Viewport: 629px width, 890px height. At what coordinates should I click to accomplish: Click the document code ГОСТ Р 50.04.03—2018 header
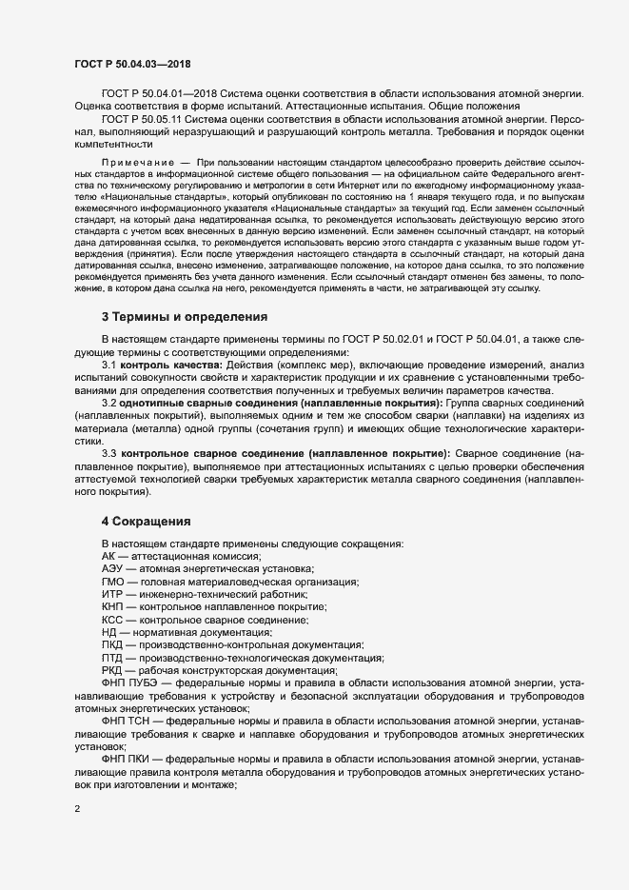pyautogui.click(x=132, y=63)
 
